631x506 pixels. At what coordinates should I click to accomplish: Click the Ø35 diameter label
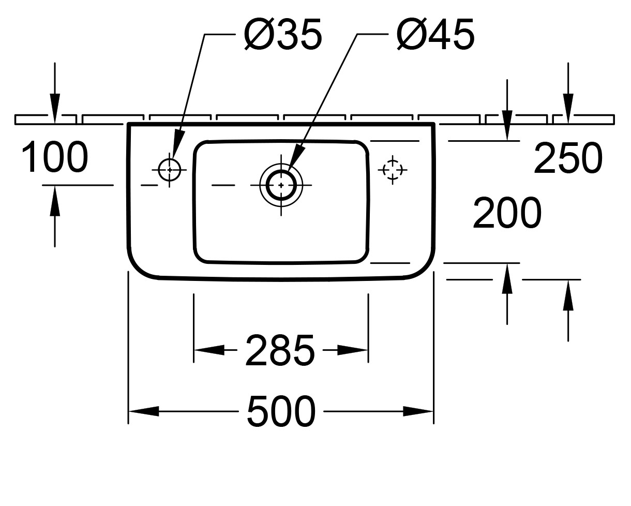pyautogui.click(x=283, y=36)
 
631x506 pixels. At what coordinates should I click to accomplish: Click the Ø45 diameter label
pyautogui.click(x=435, y=36)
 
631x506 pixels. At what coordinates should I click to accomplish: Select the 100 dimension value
pyautogui.click(x=55, y=157)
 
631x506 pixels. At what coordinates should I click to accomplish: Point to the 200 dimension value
pyautogui.click(x=507, y=213)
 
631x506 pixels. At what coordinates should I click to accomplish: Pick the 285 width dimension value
pyautogui.click(x=280, y=350)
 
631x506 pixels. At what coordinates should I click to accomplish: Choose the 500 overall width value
pyautogui.click(x=281, y=412)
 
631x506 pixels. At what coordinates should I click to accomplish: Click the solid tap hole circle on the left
pyautogui.click(x=169, y=169)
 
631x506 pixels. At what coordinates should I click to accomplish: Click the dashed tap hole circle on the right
pyautogui.click(x=393, y=169)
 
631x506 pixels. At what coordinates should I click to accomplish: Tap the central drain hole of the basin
pyautogui.click(x=281, y=184)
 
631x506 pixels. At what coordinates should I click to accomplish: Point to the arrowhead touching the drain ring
pyautogui.click(x=297, y=157)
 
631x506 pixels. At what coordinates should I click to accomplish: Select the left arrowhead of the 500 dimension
pyautogui.click(x=144, y=412)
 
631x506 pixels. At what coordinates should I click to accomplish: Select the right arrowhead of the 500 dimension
pyautogui.click(x=418, y=412)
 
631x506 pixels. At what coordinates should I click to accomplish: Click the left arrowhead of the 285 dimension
pyautogui.click(x=209, y=350)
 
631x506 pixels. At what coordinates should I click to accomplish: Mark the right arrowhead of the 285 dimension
pyautogui.click(x=353, y=350)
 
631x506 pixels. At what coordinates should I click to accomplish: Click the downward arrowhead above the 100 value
pyautogui.click(x=55, y=109)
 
